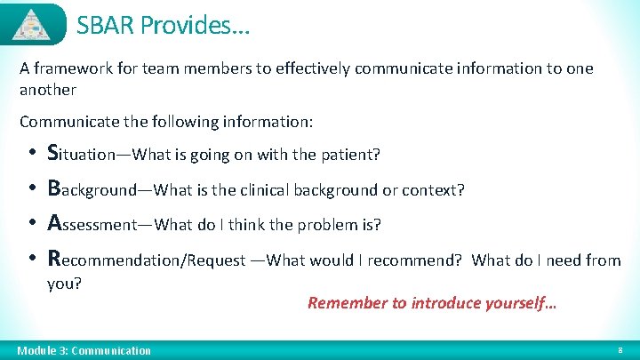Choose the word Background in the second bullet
pos(91,189)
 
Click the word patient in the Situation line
pos(350,155)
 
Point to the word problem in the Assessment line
pos(332,225)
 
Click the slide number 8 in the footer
pos(620,350)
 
